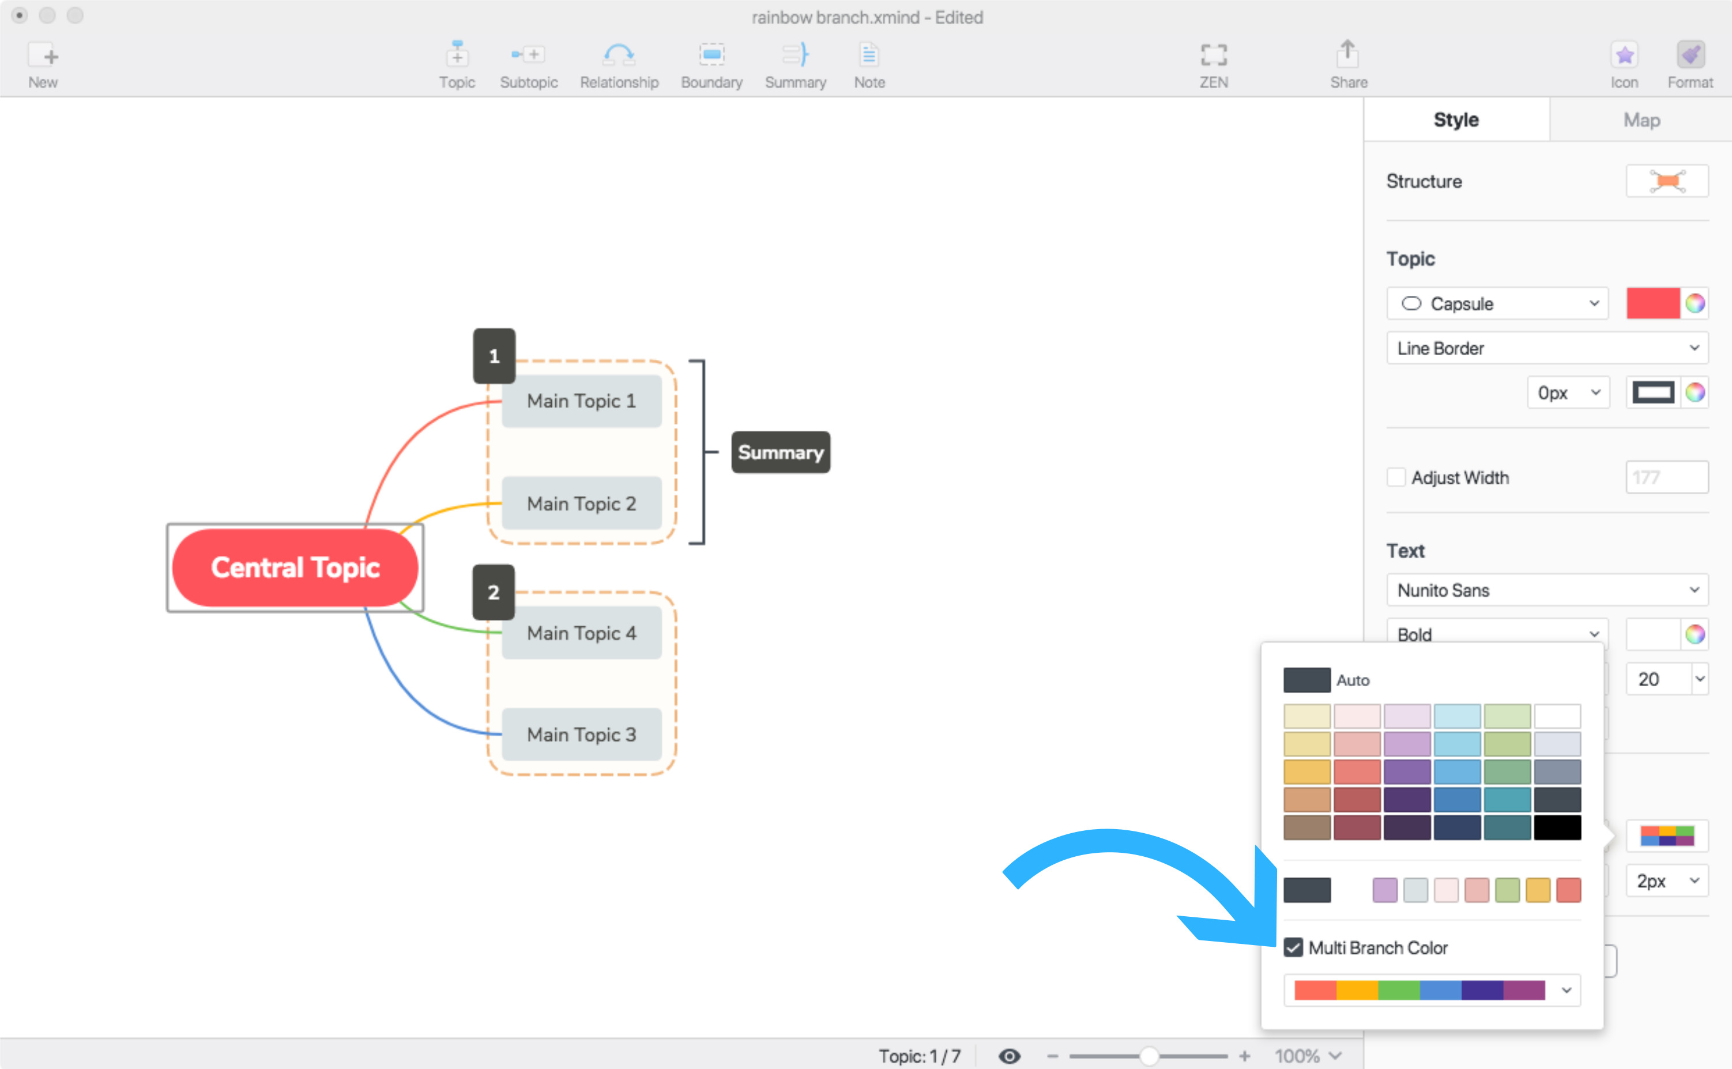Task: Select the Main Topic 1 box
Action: pyautogui.click(x=581, y=401)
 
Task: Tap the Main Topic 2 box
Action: pyautogui.click(x=581, y=503)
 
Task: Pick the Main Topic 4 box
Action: pyautogui.click(x=581, y=633)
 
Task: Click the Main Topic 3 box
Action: pyautogui.click(x=581, y=735)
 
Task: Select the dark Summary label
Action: pyautogui.click(x=781, y=452)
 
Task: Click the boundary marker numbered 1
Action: pyautogui.click(x=494, y=356)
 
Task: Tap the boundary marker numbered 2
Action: pyautogui.click(x=494, y=592)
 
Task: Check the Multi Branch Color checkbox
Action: pyautogui.click(x=1293, y=947)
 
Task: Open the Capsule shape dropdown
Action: pyautogui.click(x=1497, y=303)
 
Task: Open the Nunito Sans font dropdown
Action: pyautogui.click(x=1547, y=590)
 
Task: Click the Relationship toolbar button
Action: pyautogui.click(x=619, y=65)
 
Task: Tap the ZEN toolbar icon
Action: pyautogui.click(x=1214, y=65)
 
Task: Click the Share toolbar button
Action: pyautogui.click(x=1348, y=65)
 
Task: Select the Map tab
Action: pyautogui.click(x=1641, y=120)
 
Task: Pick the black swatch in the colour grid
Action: pyautogui.click(x=1557, y=827)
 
